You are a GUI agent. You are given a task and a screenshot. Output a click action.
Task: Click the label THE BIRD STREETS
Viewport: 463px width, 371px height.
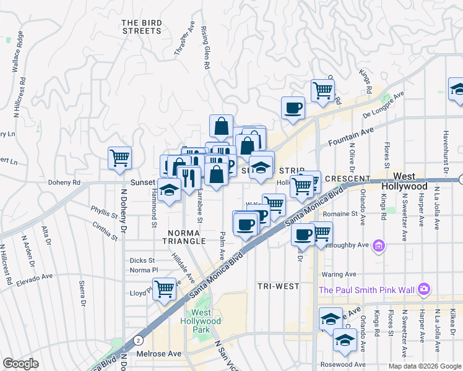[x=142, y=27]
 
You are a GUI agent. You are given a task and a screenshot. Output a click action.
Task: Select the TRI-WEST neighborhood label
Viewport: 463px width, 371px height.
[x=279, y=286]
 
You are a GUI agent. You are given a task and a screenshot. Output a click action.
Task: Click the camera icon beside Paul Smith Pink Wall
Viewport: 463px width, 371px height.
[x=424, y=289]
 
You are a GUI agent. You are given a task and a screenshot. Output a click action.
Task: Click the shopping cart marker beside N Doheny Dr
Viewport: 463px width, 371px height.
[x=119, y=158]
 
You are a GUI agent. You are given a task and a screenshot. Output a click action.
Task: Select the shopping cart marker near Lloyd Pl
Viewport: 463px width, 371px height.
[x=164, y=288]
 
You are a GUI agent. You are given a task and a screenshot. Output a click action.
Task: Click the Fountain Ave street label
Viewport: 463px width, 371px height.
[x=351, y=135]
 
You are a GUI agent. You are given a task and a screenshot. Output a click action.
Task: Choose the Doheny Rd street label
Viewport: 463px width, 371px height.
[x=65, y=183]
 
